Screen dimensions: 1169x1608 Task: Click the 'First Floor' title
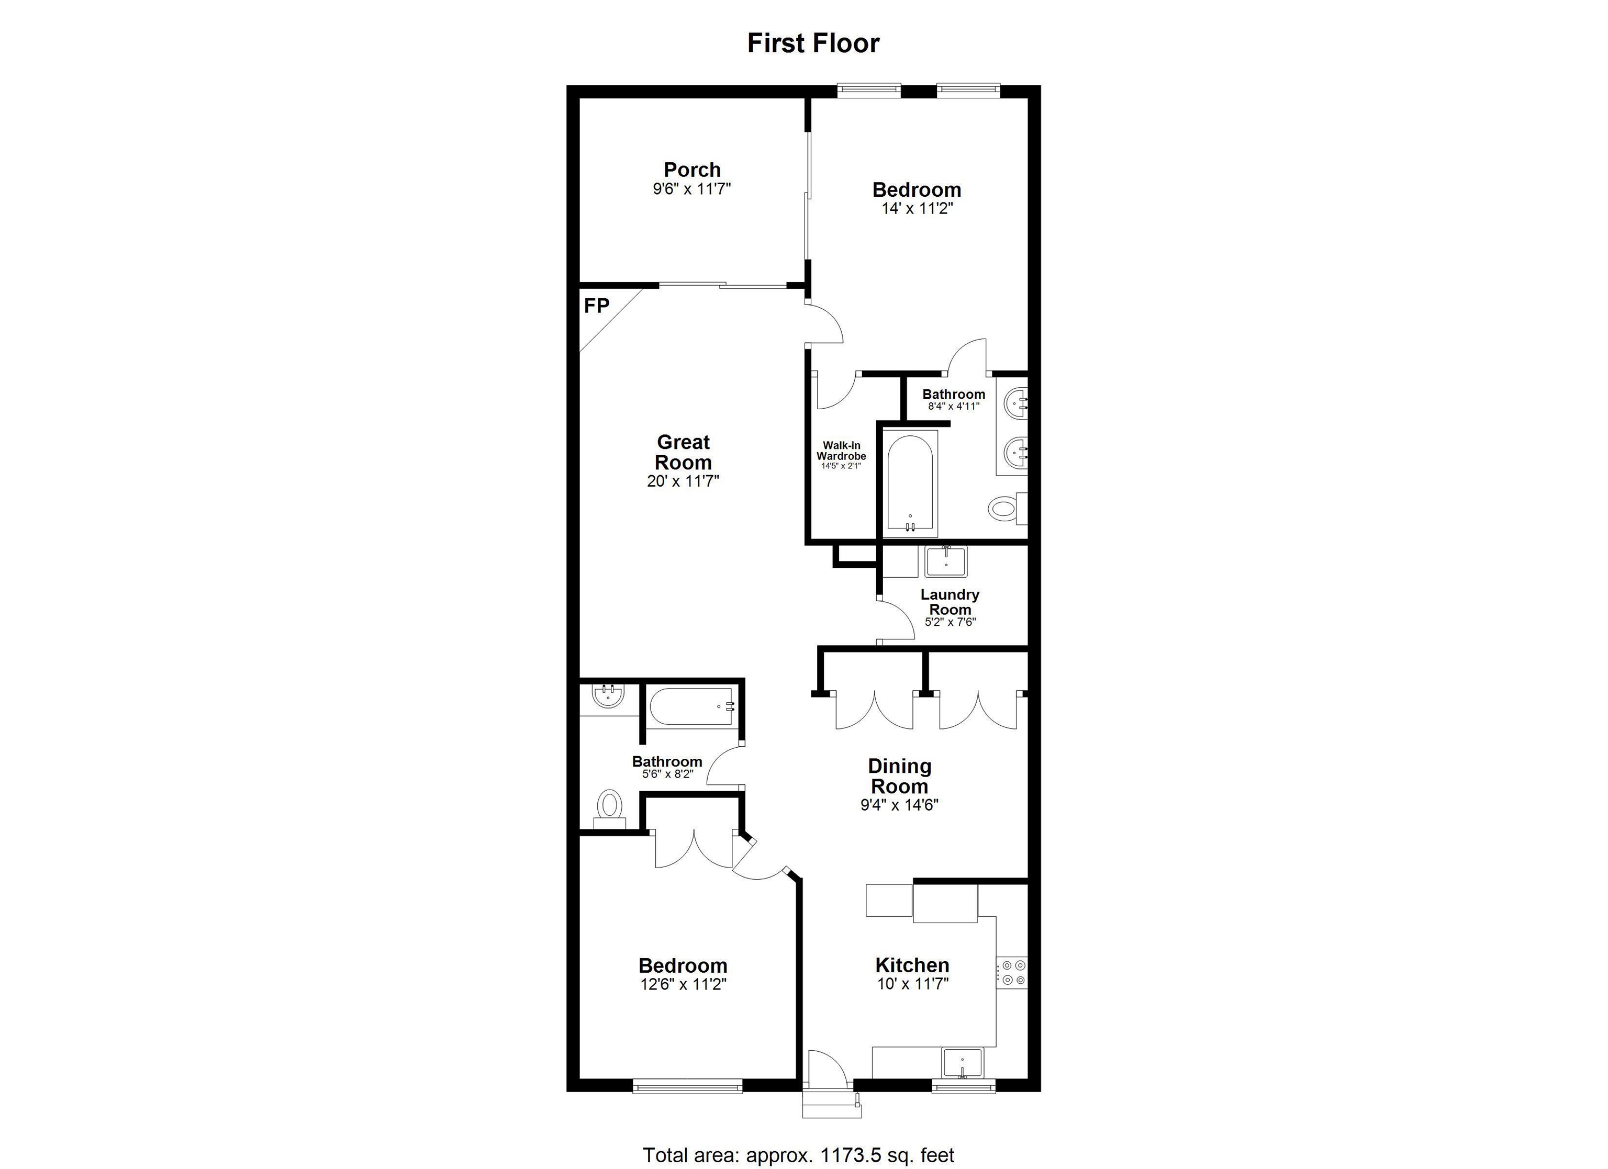pyautogui.click(x=813, y=43)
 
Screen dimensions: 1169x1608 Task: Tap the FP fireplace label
pyautogui.click(x=596, y=306)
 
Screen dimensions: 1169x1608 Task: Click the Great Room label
pyautogui.click(x=683, y=452)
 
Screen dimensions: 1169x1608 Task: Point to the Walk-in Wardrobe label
pyautogui.click(x=842, y=451)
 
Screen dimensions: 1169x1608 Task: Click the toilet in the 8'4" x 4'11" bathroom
pyautogui.click(x=1003, y=508)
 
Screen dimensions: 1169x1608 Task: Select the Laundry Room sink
pyautogui.click(x=946, y=562)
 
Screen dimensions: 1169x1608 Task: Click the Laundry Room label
pyautogui.click(x=950, y=602)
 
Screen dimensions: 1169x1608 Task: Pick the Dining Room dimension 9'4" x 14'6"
pyautogui.click(x=899, y=805)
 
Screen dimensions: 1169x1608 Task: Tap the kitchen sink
pyautogui.click(x=962, y=1063)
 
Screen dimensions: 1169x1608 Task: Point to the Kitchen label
pyautogui.click(x=912, y=965)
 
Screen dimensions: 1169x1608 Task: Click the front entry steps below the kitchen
pyautogui.click(x=831, y=1103)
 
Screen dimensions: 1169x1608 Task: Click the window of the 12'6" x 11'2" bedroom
pyautogui.click(x=687, y=1085)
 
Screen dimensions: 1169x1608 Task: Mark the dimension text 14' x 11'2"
pyautogui.click(x=917, y=208)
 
